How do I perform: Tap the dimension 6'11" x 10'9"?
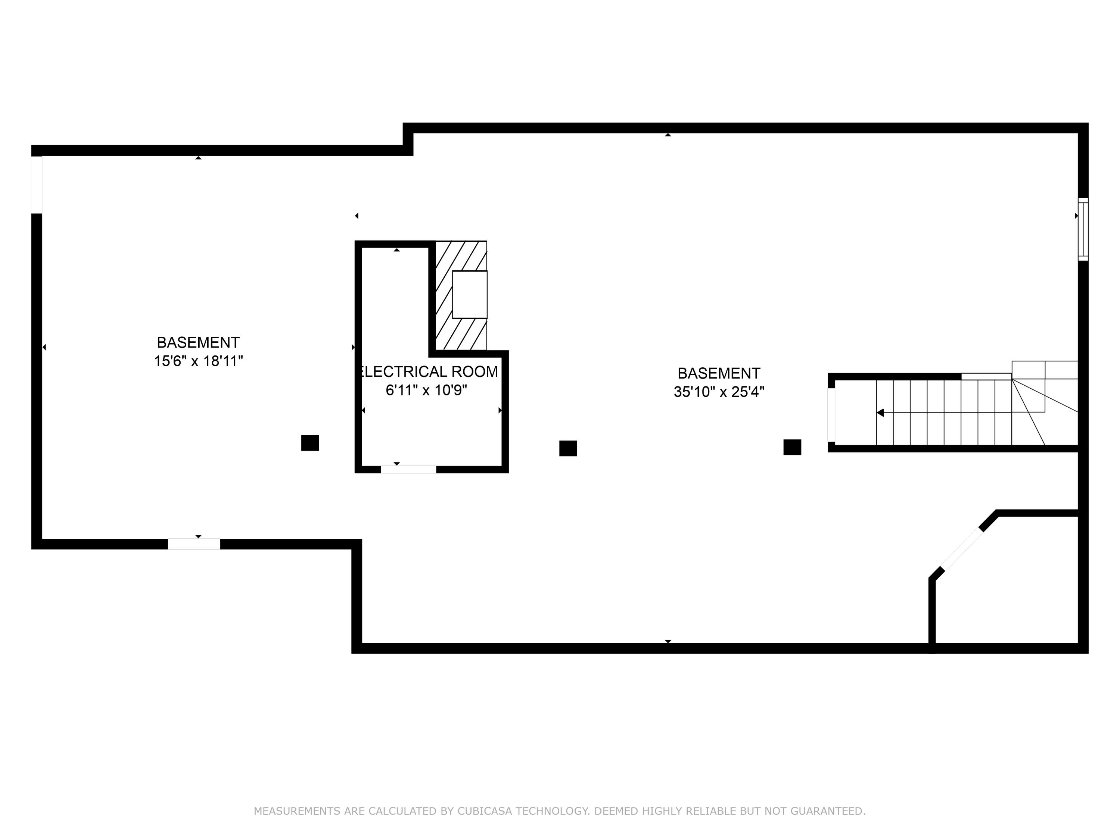click(x=426, y=391)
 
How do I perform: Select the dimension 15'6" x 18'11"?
click(x=199, y=361)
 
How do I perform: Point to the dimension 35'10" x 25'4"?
click(x=719, y=392)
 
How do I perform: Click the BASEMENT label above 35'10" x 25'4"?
click(x=719, y=374)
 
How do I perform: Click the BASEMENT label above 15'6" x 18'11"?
click(x=198, y=343)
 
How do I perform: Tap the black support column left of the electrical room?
click(x=310, y=443)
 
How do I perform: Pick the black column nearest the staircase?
click(x=792, y=448)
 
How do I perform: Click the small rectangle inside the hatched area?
click(x=469, y=295)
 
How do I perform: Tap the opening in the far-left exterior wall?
click(x=37, y=185)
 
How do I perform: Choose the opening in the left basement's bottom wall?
click(x=194, y=544)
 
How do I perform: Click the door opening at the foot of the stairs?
click(x=831, y=415)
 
